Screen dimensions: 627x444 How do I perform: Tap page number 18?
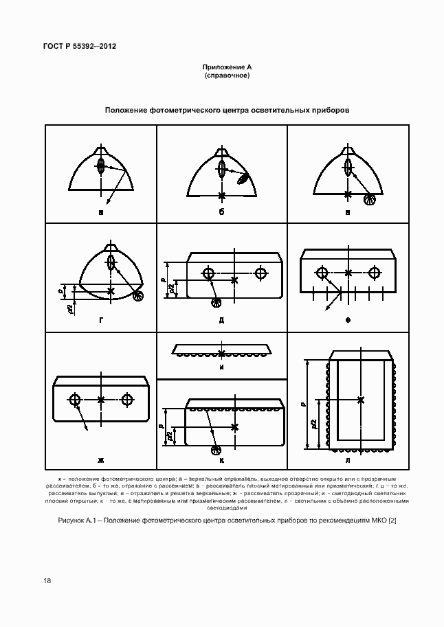(46, 580)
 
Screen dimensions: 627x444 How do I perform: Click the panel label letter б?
(222, 212)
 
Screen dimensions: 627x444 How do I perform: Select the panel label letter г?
(102, 320)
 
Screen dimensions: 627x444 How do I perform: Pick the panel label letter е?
(348, 320)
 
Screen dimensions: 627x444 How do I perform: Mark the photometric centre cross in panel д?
(235, 280)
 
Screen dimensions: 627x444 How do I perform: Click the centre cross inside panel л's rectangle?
(362, 399)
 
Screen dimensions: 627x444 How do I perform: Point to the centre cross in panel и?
(221, 353)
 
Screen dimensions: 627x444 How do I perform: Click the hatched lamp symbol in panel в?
(370, 199)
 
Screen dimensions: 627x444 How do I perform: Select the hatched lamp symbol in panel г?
(139, 296)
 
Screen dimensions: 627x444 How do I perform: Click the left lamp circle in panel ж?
(76, 399)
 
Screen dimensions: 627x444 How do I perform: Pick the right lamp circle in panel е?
(374, 273)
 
